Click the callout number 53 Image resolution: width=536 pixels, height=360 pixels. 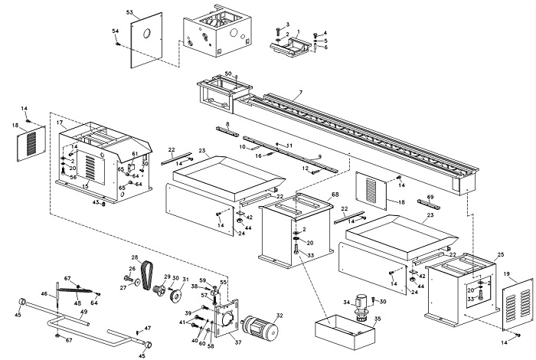tap(129, 12)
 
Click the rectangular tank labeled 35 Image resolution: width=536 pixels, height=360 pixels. tap(344, 330)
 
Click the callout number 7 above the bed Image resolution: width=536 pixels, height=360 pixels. tap(300, 93)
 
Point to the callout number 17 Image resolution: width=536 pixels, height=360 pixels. tap(60, 123)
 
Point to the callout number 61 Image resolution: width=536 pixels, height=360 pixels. tap(135, 154)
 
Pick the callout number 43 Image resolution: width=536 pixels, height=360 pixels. tap(95, 203)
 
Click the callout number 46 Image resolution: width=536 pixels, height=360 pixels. tap(44, 293)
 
